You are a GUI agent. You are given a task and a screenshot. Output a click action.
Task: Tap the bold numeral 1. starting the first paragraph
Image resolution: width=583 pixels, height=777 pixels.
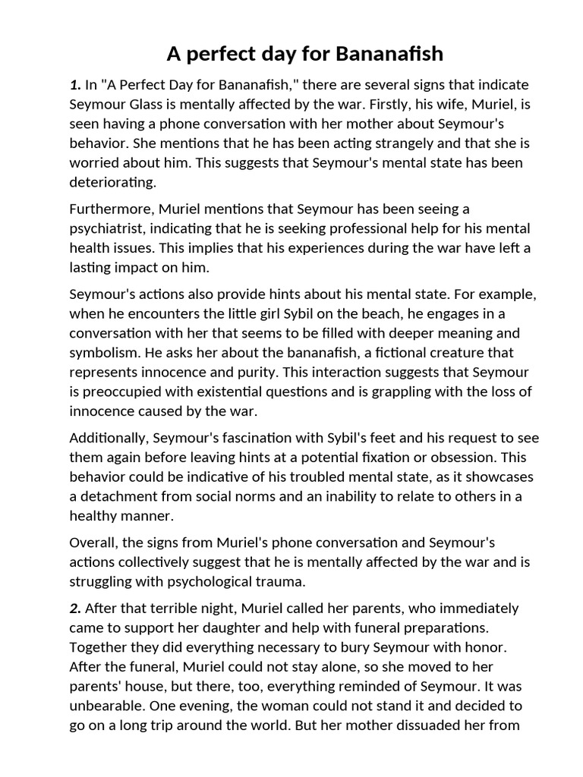pos(75,84)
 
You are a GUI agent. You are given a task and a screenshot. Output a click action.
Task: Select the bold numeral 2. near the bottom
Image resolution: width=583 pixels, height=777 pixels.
pos(75,608)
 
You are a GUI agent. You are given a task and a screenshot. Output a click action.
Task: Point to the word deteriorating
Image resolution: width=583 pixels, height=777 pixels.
pos(112,183)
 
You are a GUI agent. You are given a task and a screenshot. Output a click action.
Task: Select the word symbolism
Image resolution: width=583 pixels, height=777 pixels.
pos(103,353)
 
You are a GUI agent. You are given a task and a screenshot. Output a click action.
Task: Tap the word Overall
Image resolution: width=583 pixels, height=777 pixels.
pos(93,543)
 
